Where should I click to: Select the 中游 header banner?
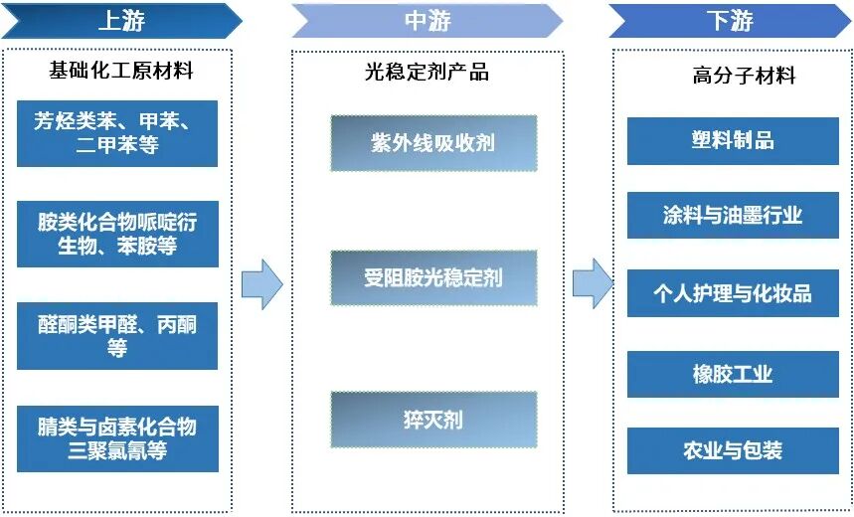point(427,20)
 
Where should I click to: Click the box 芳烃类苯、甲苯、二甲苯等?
point(117,133)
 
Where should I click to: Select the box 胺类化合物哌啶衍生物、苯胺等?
point(117,234)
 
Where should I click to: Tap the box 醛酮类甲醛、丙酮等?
point(117,336)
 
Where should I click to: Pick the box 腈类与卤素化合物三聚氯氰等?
point(117,438)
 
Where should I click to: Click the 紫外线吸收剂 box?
point(433,142)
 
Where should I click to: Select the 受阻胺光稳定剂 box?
point(433,277)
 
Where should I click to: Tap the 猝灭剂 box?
point(433,419)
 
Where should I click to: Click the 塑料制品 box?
point(733,140)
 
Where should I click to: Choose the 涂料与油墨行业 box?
point(733,216)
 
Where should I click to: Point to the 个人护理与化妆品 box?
point(733,294)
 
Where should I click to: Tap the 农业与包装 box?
point(733,450)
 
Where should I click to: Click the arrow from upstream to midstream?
point(261,283)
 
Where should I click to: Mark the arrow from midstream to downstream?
point(594,283)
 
